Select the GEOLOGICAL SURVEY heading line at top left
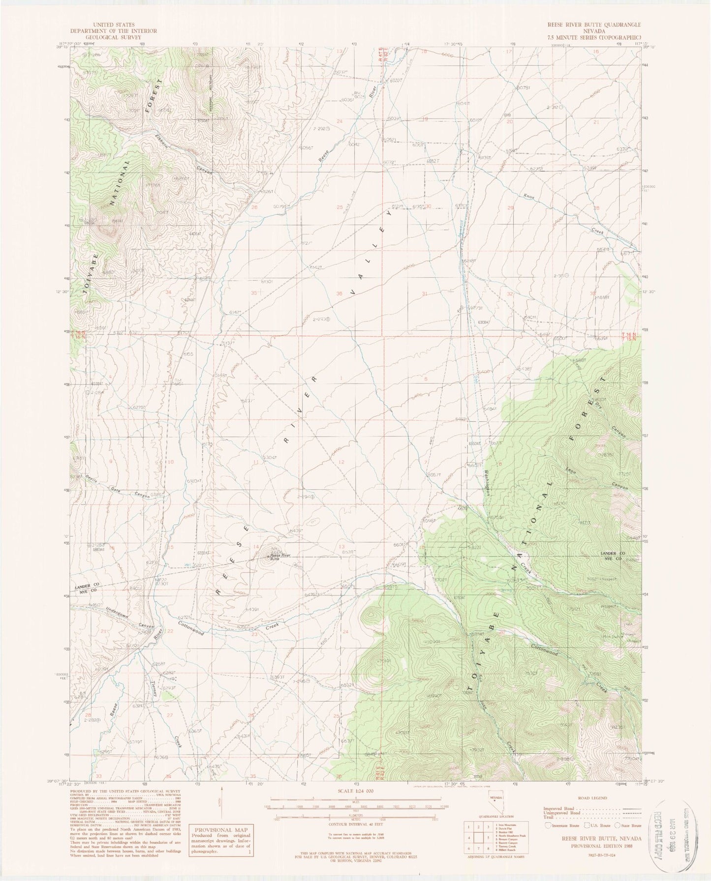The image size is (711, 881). (x=120, y=37)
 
